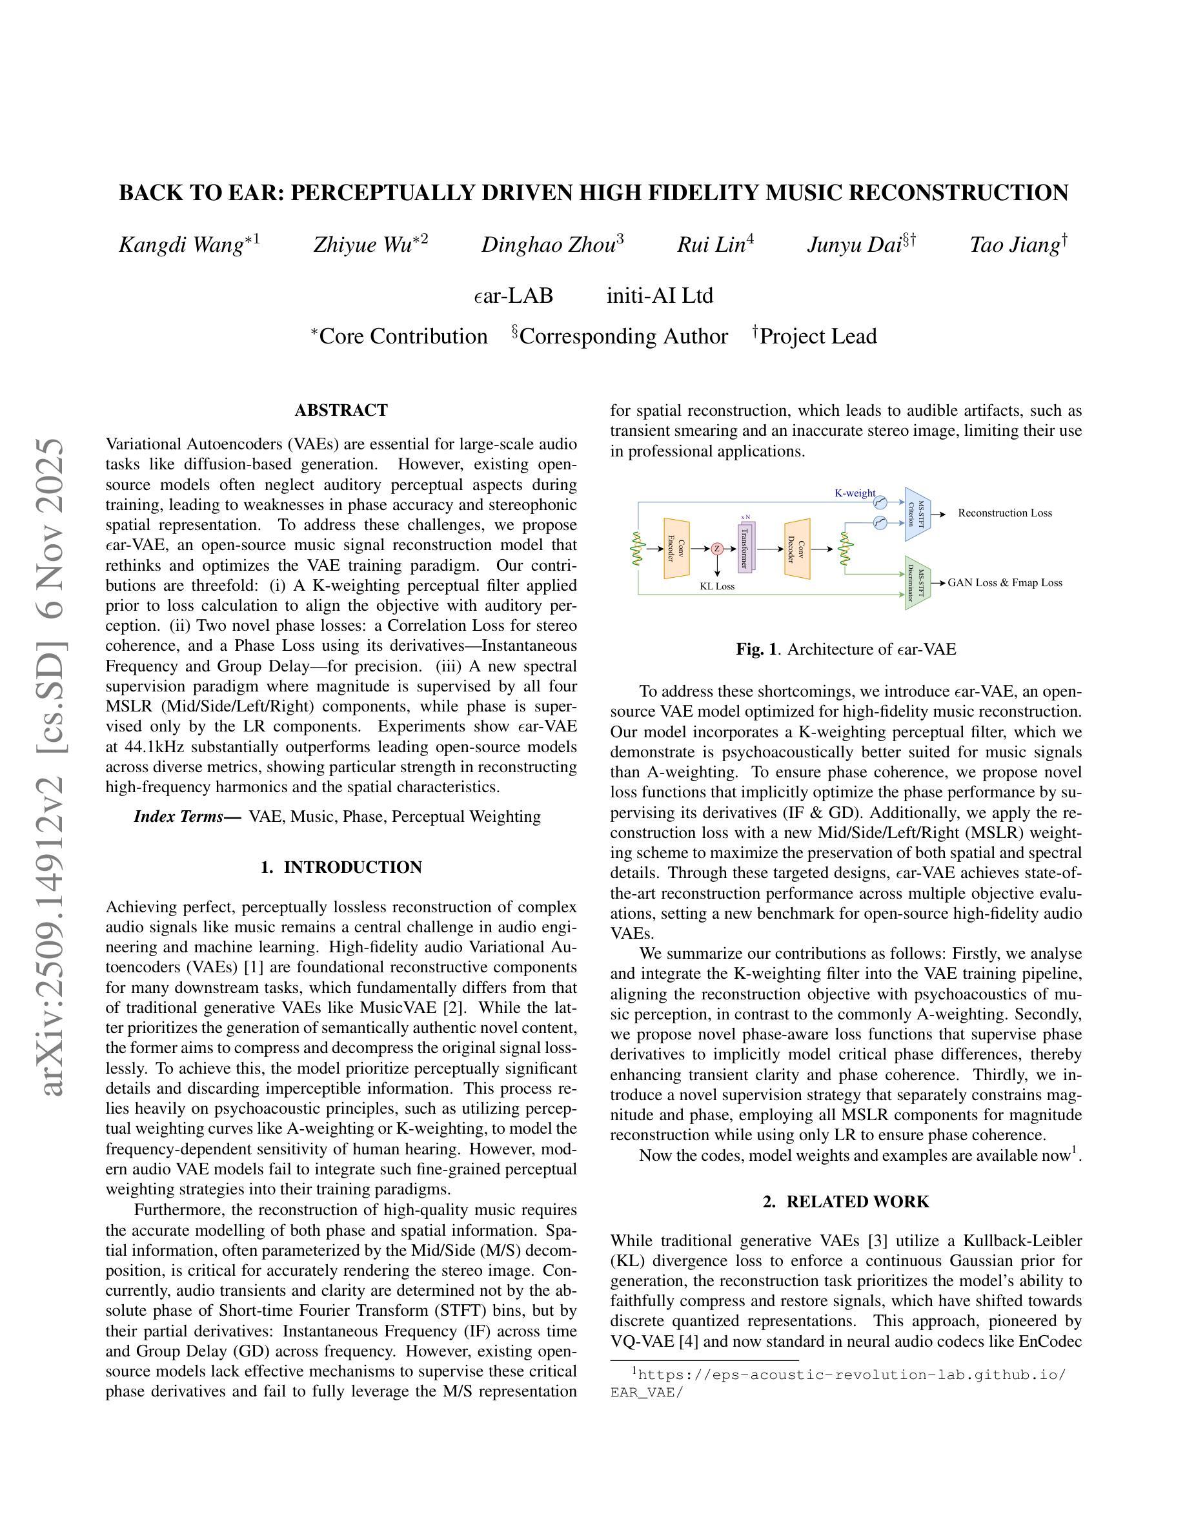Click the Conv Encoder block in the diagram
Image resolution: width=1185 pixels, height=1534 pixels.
coord(676,549)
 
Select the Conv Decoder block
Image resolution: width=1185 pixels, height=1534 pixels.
coord(797,549)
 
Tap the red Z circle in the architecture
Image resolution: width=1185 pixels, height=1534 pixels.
coord(717,549)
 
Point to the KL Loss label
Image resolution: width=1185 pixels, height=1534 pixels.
coord(717,586)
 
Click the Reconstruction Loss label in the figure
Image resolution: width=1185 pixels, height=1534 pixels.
coord(1004,513)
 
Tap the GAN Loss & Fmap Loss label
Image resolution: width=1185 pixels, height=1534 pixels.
coord(1004,583)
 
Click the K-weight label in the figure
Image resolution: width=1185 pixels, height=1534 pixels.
coord(855,493)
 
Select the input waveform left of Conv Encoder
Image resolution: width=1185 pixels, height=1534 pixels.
coord(638,549)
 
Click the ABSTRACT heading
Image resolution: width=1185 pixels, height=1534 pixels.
coord(341,410)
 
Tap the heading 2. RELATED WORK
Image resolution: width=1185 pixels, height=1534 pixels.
coord(846,1202)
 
